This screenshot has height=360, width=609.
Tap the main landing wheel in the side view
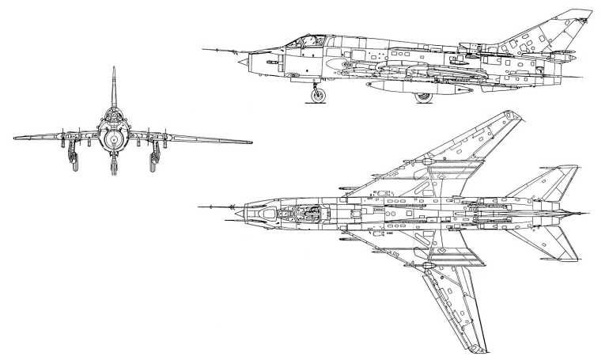tap(425, 97)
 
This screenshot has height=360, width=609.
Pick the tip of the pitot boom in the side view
tap(203, 50)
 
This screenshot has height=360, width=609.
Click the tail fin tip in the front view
tap(113, 69)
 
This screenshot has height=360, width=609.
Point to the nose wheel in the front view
tap(113, 165)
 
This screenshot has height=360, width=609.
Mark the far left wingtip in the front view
tap(15, 138)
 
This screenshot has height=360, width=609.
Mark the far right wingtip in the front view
tap(251, 142)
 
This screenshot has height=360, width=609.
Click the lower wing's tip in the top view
tap(475, 349)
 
